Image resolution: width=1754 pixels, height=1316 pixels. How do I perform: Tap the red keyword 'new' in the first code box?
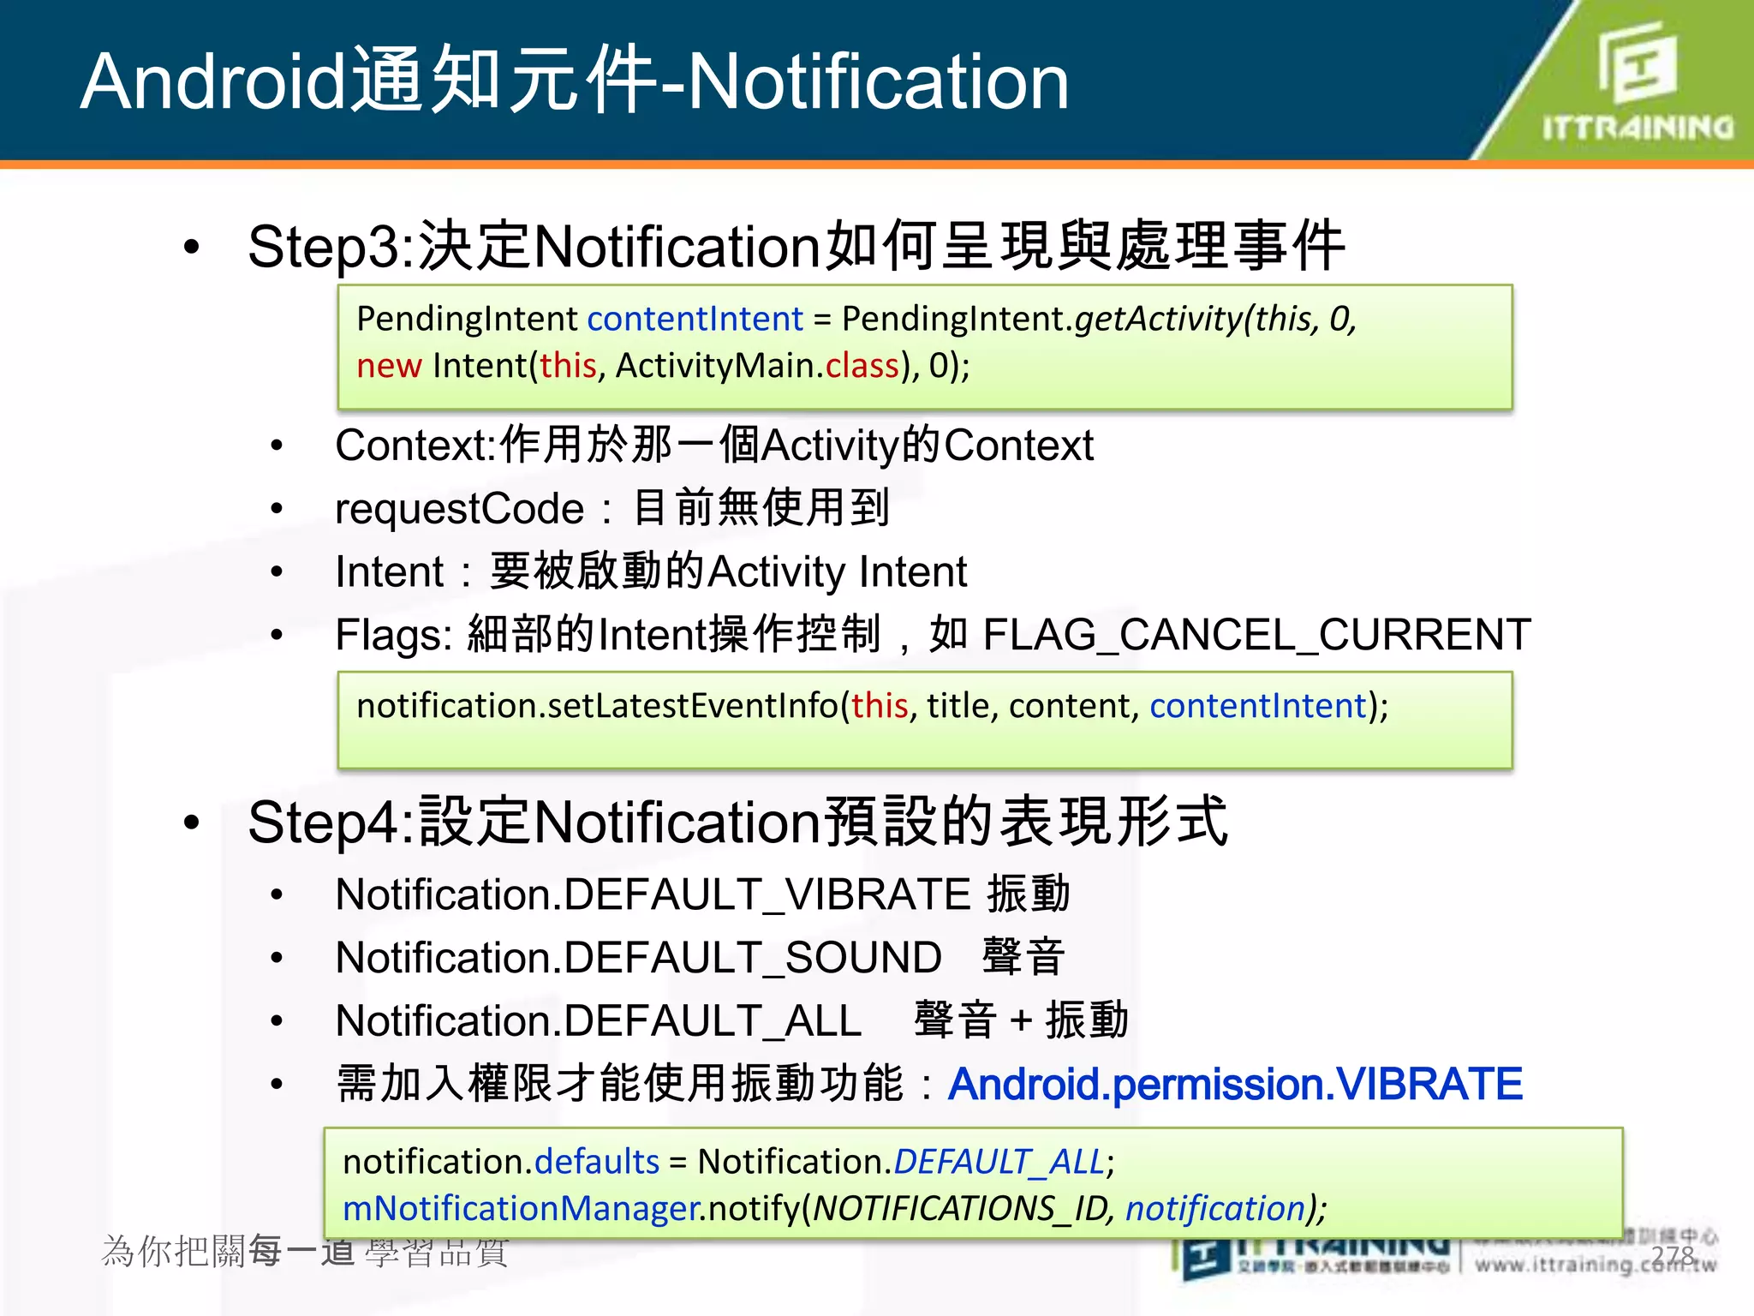coord(389,366)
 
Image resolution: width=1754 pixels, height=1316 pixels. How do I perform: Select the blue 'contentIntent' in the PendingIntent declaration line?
coord(695,319)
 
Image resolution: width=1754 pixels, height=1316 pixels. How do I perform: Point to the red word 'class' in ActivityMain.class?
coord(862,366)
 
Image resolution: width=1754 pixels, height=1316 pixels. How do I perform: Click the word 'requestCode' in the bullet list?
coord(459,509)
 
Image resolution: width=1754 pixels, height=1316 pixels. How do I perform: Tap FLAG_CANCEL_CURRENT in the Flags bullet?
coord(1256,635)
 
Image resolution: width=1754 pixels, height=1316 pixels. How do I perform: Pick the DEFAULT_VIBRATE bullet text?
coord(653,894)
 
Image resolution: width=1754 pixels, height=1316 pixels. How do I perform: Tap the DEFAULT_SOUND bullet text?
coord(639,958)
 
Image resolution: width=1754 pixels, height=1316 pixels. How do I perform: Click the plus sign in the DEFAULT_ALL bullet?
coord(1020,1021)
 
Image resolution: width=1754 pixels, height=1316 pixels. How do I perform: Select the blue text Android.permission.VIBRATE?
coord(1235,1085)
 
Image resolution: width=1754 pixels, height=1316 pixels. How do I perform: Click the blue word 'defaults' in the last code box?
coord(597,1162)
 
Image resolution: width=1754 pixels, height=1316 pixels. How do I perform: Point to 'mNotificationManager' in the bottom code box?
coord(522,1209)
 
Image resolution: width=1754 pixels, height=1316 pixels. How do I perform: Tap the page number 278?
coord(1673,1255)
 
